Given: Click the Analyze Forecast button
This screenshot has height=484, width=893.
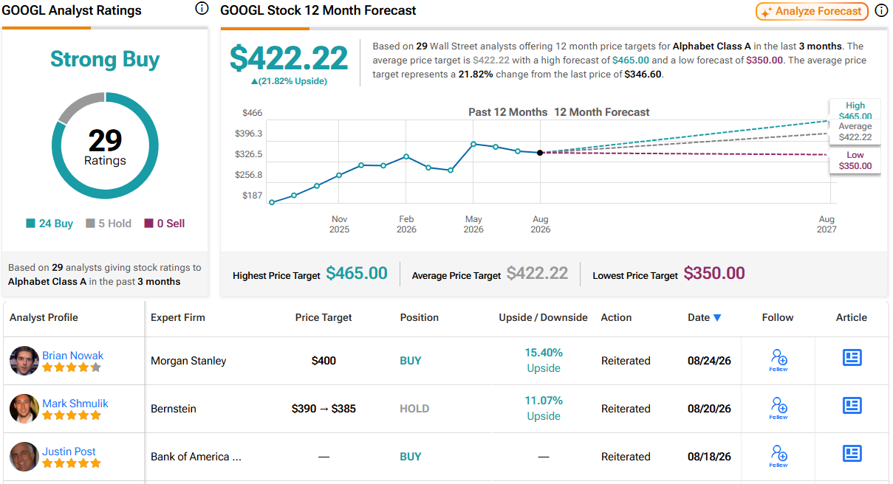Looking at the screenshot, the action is pyautogui.click(x=812, y=11).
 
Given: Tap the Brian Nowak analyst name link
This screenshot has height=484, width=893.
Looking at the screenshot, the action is pyautogui.click(x=72, y=356).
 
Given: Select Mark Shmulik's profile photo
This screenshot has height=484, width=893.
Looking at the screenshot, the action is pyautogui.click(x=24, y=408).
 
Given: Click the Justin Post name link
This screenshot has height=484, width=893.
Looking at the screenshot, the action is pyautogui.click(x=69, y=452).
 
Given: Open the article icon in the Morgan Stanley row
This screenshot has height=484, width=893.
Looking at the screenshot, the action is pyautogui.click(x=852, y=357).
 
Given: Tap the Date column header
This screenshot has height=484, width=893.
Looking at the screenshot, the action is pyautogui.click(x=704, y=317).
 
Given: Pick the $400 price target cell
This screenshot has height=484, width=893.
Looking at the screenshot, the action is pyautogui.click(x=324, y=361).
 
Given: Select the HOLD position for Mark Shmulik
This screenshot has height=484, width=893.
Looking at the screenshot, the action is pyautogui.click(x=414, y=409).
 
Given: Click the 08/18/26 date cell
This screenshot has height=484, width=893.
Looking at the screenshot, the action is pyautogui.click(x=709, y=457).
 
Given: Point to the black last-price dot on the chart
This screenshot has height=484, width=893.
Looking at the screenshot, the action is pyautogui.click(x=540, y=153).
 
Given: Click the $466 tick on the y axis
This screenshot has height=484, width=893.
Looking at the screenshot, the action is pyautogui.click(x=252, y=113).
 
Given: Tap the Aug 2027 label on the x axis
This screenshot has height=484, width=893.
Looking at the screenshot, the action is pyautogui.click(x=827, y=224).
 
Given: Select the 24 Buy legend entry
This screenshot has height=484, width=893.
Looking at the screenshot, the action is pyautogui.click(x=49, y=224).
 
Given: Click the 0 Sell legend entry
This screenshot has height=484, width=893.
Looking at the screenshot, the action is pyautogui.click(x=164, y=224).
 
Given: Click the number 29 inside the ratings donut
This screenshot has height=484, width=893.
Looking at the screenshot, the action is pyautogui.click(x=105, y=140).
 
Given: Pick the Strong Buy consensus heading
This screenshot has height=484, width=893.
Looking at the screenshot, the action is pyautogui.click(x=105, y=59).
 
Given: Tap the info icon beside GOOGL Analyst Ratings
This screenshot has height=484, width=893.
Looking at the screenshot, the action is pyautogui.click(x=202, y=8).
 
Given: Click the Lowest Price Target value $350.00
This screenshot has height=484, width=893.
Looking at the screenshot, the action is pyautogui.click(x=714, y=273).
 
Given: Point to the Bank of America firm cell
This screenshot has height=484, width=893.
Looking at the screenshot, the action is pyautogui.click(x=196, y=457).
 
